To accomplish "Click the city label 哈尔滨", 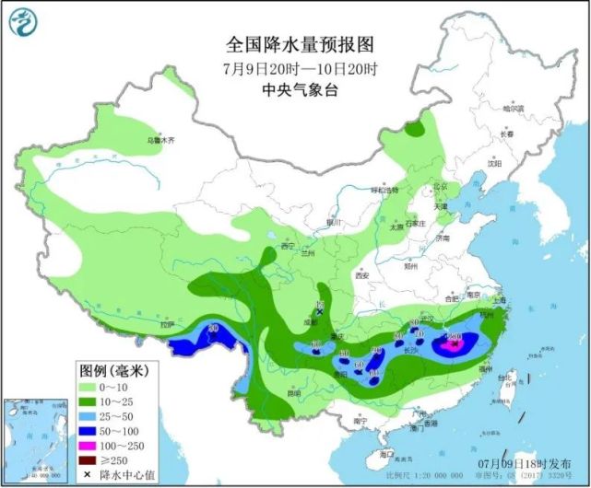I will [512, 109].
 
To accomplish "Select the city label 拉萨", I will [166, 324].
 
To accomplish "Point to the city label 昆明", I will [293, 393].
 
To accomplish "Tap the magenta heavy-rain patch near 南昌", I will [452, 343].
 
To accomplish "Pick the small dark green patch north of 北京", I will [423, 124].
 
